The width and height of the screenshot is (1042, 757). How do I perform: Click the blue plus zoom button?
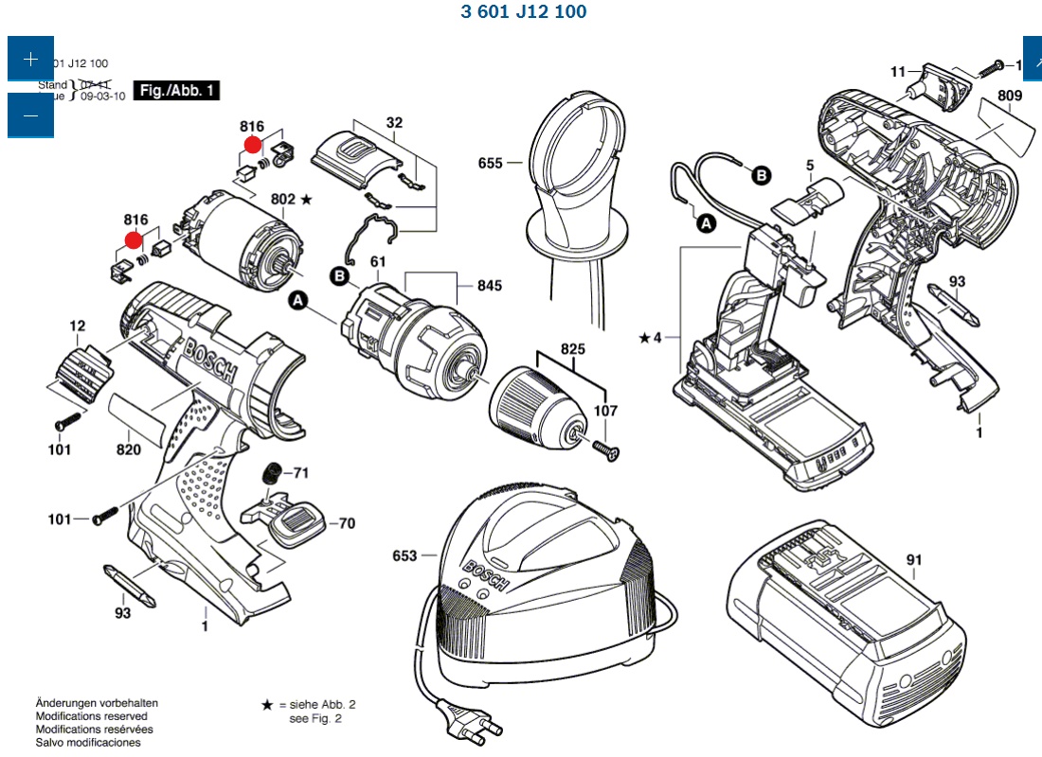(30, 59)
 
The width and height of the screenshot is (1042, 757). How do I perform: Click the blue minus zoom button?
(30, 115)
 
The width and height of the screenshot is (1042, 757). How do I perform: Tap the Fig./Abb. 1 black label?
(178, 91)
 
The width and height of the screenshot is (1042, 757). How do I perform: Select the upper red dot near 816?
(252, 145)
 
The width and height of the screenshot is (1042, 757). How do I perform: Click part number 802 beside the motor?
(283, 200)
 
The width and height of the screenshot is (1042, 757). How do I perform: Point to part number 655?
(491, 163)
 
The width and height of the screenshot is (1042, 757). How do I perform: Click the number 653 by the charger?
(404, 555)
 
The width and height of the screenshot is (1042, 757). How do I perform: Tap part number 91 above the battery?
(913, 560)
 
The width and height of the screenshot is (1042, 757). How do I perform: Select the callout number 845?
(490, 286)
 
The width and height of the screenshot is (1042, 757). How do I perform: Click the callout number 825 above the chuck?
(572, 348)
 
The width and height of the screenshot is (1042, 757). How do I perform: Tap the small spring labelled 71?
(271, 472)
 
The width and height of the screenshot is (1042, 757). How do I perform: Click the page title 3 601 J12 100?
(523, 11)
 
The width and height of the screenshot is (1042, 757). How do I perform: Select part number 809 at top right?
(1009, 96)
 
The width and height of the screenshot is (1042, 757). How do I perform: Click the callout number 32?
(394, 122)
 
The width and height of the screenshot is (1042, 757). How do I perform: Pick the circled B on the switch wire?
(761, 174)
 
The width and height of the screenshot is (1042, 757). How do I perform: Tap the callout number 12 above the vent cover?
(77, 326)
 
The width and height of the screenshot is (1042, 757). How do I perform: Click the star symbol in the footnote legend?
(267, 705)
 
